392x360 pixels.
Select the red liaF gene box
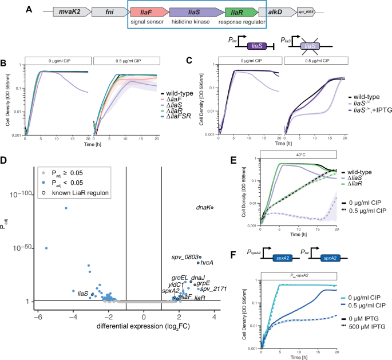pyautogui.click(x=149, y=11)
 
